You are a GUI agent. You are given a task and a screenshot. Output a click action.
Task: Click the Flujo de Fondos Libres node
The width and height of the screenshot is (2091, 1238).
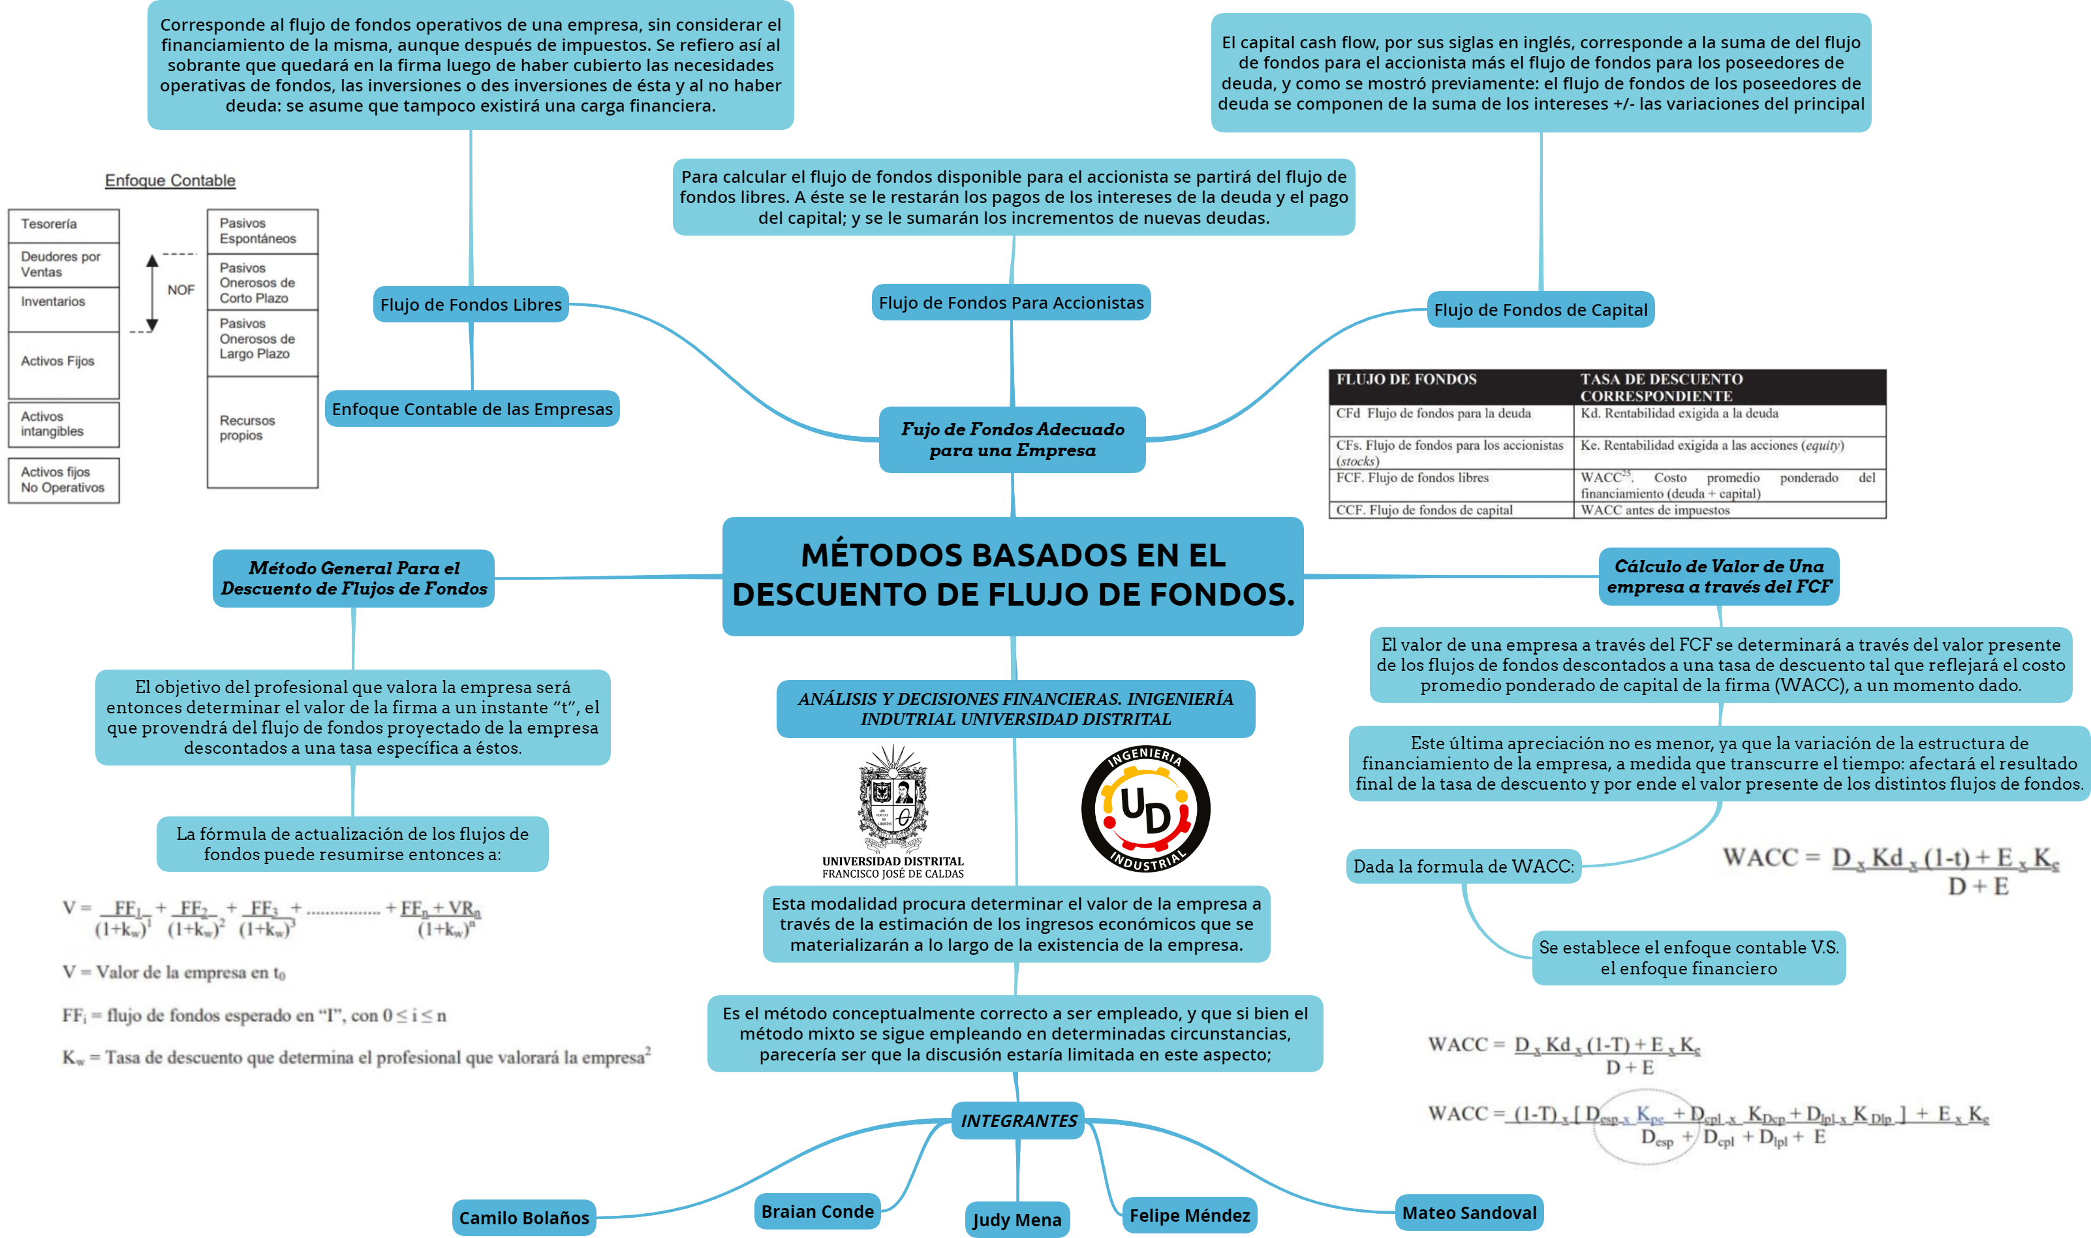[x=471, y=305]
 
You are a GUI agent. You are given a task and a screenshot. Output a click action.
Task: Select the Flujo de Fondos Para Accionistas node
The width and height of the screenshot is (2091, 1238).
[x=1011, y=302]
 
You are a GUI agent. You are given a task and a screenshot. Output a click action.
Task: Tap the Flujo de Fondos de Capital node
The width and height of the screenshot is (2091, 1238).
[x=1541, y=309]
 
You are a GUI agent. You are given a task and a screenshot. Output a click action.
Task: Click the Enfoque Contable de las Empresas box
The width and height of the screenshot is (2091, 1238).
[x=472, y=409]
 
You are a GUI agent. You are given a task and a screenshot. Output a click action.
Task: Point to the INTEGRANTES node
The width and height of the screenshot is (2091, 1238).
[x=1018, y=1121]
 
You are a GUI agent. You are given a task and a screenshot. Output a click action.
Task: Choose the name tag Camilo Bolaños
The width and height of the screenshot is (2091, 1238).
[x=524, y=1218]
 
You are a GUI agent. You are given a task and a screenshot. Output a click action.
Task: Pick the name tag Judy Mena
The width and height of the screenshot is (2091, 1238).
[x=1017, y=1220]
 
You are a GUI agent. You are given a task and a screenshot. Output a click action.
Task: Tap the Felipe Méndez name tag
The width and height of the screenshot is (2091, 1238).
[x=1189, y=1215]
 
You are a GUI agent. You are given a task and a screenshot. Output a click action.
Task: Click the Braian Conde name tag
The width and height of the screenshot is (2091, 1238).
[x=817, y=1211]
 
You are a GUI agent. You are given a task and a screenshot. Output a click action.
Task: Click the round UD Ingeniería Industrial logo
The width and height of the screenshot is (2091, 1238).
[x=1145, y=809]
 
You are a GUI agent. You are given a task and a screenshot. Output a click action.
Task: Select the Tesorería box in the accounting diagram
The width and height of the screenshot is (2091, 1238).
[x=63, y=225]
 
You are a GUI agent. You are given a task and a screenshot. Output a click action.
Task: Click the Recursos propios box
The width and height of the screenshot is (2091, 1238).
[x=263, y=431]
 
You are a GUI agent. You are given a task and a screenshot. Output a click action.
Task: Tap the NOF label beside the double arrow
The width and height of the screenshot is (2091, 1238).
[x=181, y=290]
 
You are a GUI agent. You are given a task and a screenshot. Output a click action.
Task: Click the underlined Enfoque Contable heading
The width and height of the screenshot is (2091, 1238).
[x=170, y=180]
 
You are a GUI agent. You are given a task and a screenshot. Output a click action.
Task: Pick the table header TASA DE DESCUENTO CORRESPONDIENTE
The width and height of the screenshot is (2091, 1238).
[x=1661, y=387]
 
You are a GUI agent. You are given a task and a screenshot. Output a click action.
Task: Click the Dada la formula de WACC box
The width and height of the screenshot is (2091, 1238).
[x=1464, y=867]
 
